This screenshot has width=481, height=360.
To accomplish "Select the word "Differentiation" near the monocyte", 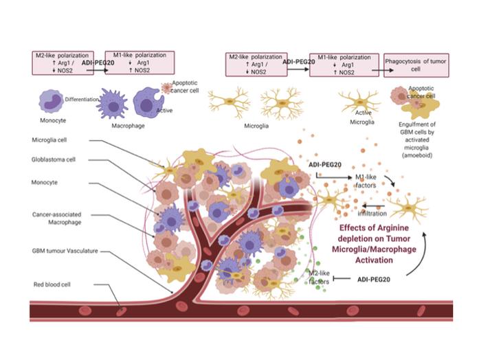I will (x=83, y=99).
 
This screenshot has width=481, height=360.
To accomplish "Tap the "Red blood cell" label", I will (x=55, y=284).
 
